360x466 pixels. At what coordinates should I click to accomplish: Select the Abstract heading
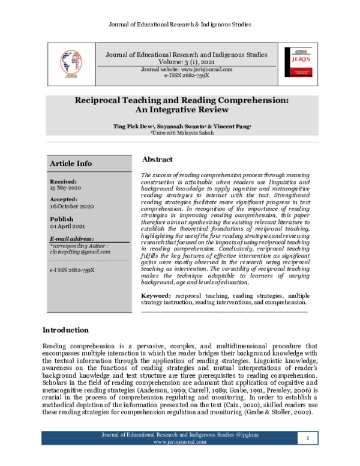point(157,160)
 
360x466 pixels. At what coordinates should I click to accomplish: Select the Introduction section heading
point(65,330)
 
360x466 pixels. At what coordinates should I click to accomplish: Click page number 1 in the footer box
point(307,456)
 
